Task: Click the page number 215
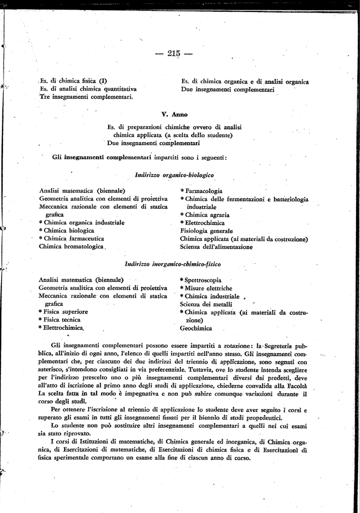(x=174, y=54)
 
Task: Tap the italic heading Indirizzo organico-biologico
(x=174, y=175)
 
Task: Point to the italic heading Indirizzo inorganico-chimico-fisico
(x=173, y=264)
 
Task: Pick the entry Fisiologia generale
(x=206, y=231)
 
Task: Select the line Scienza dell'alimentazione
(x=216, y=247)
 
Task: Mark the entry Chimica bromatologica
(x=71, y=246)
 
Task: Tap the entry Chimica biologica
(x=69, y=230)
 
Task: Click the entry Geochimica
(x=196, y=329)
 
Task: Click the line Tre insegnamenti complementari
(x=86, y=97)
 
